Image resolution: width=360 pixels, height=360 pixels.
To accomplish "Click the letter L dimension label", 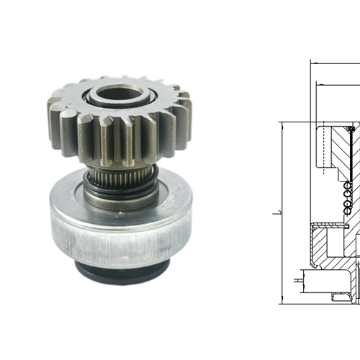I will coord(276,214).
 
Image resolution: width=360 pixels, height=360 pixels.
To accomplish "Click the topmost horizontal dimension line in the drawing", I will coord(335,63).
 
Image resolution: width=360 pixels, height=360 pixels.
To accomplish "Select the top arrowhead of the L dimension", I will coord(282,125).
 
